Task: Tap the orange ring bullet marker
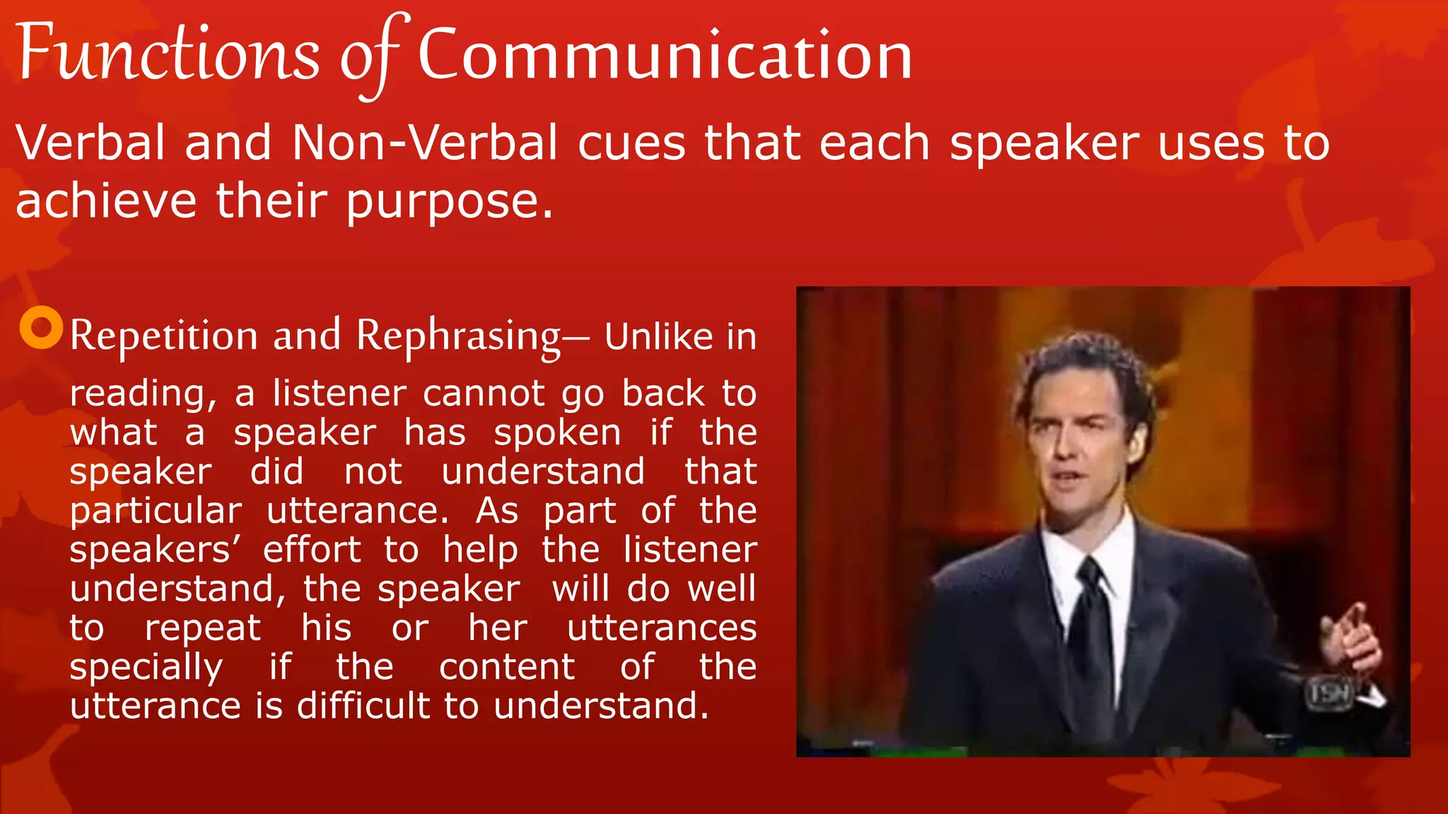pyautogui.click(x=41, y=328)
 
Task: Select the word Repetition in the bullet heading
pyautogui.click(x=164, y=336)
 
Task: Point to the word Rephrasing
pyautogui.click(x=458, y=336)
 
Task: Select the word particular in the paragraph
pyautogui.click(x=156, y=511)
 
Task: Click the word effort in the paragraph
pyautogui.click(x=312, y=550)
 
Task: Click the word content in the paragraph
pyautogui.click(x=507, y=667)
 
